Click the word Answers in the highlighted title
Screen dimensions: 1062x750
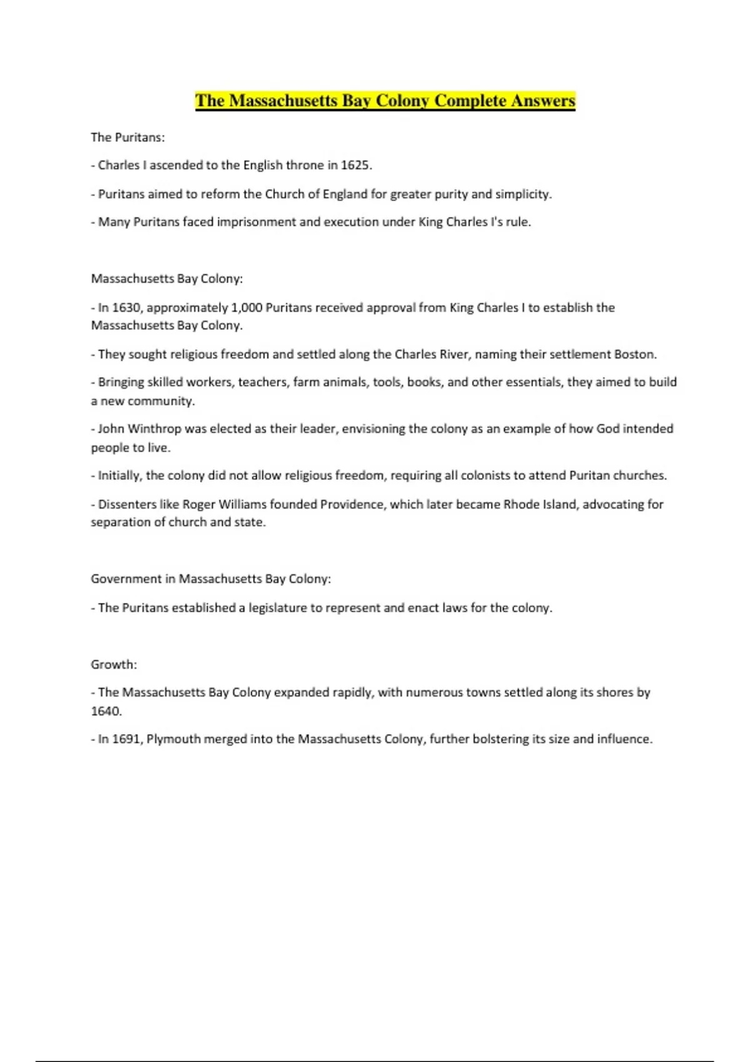coord(542,101)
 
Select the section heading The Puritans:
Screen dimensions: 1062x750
coord(127,137)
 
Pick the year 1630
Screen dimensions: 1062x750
coord(126,307)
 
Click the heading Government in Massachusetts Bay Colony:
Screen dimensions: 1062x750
coord(211,579)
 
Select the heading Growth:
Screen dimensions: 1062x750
coord(114,665)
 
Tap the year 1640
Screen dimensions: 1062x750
coord(106,711)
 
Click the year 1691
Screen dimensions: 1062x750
coord(126,739)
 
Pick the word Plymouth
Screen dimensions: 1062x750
coord(173,739)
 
